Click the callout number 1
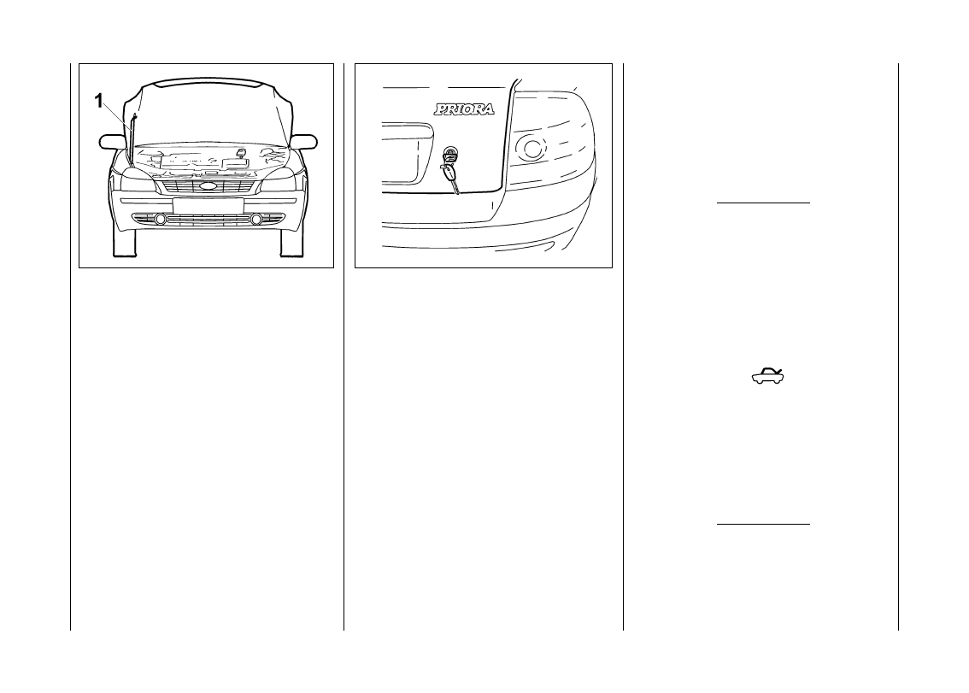click(x=98, y=101)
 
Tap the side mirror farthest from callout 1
click(x=304, y=141)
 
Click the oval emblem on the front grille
click(x=207, y=185)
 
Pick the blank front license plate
click(x=208, y=205)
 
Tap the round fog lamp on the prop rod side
click(x=160, y=220)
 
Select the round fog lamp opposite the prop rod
click(x=255, y=220)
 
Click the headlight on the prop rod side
click(x=137, y=179)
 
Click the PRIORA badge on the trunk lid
click(x=464, y=109)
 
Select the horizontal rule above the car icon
click(x=762, y=203)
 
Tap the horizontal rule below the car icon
click(x=762, y=524)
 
